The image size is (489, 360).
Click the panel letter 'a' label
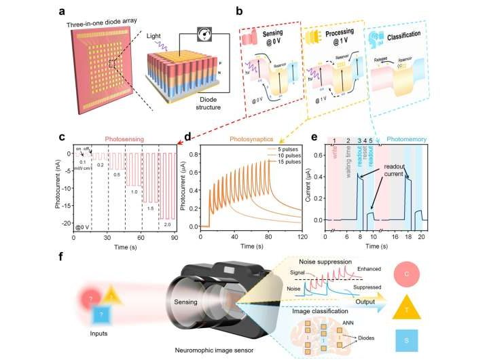pos(62,11)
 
